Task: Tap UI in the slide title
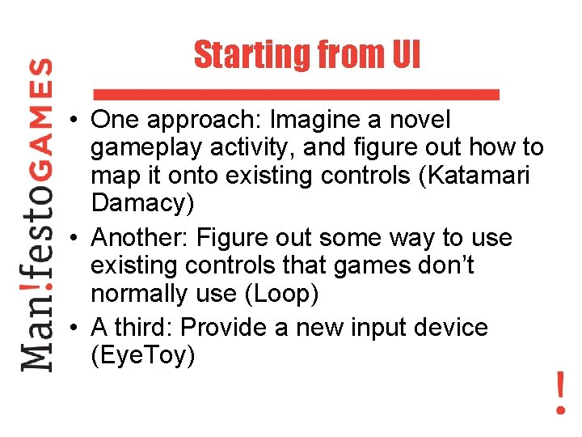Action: coord(405,56)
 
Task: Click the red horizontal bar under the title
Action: coord(297,94)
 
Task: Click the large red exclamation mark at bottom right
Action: coord(560,392)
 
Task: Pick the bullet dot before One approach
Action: coord(73,121)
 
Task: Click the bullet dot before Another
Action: coord(73,239)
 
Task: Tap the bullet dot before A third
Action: coord(73,328)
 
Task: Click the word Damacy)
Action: coord(142,203)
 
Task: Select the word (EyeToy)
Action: coord(143,355)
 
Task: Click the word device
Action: coord(449,327)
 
